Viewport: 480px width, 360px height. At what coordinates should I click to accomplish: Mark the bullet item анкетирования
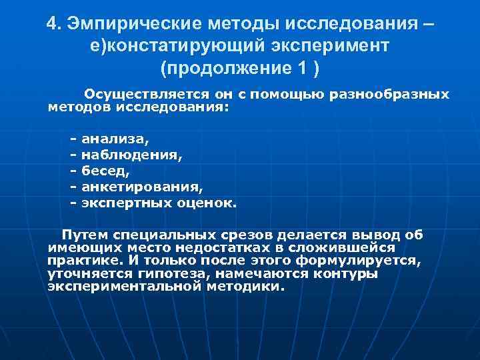point(141,186)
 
